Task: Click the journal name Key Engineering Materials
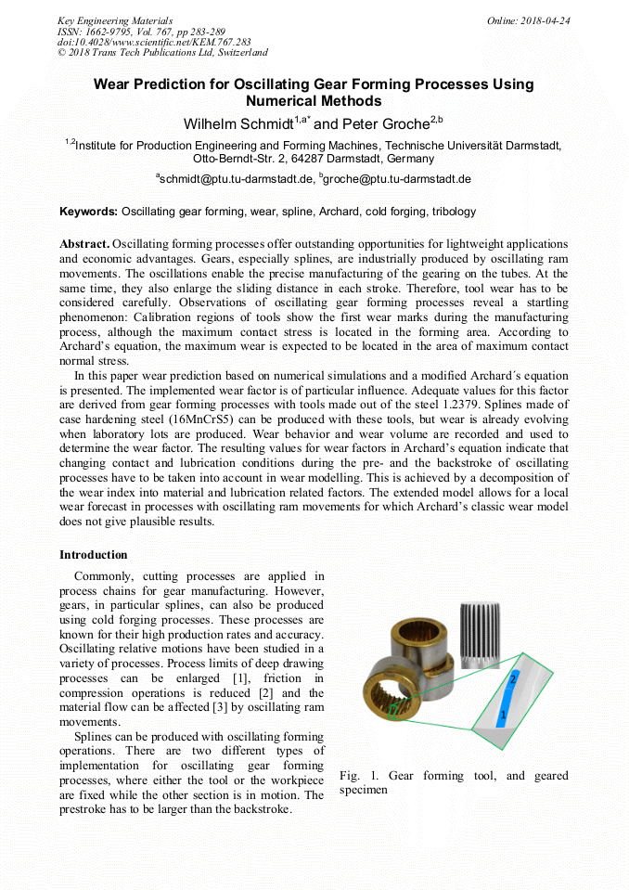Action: (x=114, y=20)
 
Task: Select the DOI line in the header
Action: (x=154, y=42)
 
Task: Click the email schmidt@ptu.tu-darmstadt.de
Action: (x=235, y=178)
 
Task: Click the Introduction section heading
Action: (x=94, y=555)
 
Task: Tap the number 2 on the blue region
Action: (x=512, y=679)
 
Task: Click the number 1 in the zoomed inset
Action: (x=502, y=716)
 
